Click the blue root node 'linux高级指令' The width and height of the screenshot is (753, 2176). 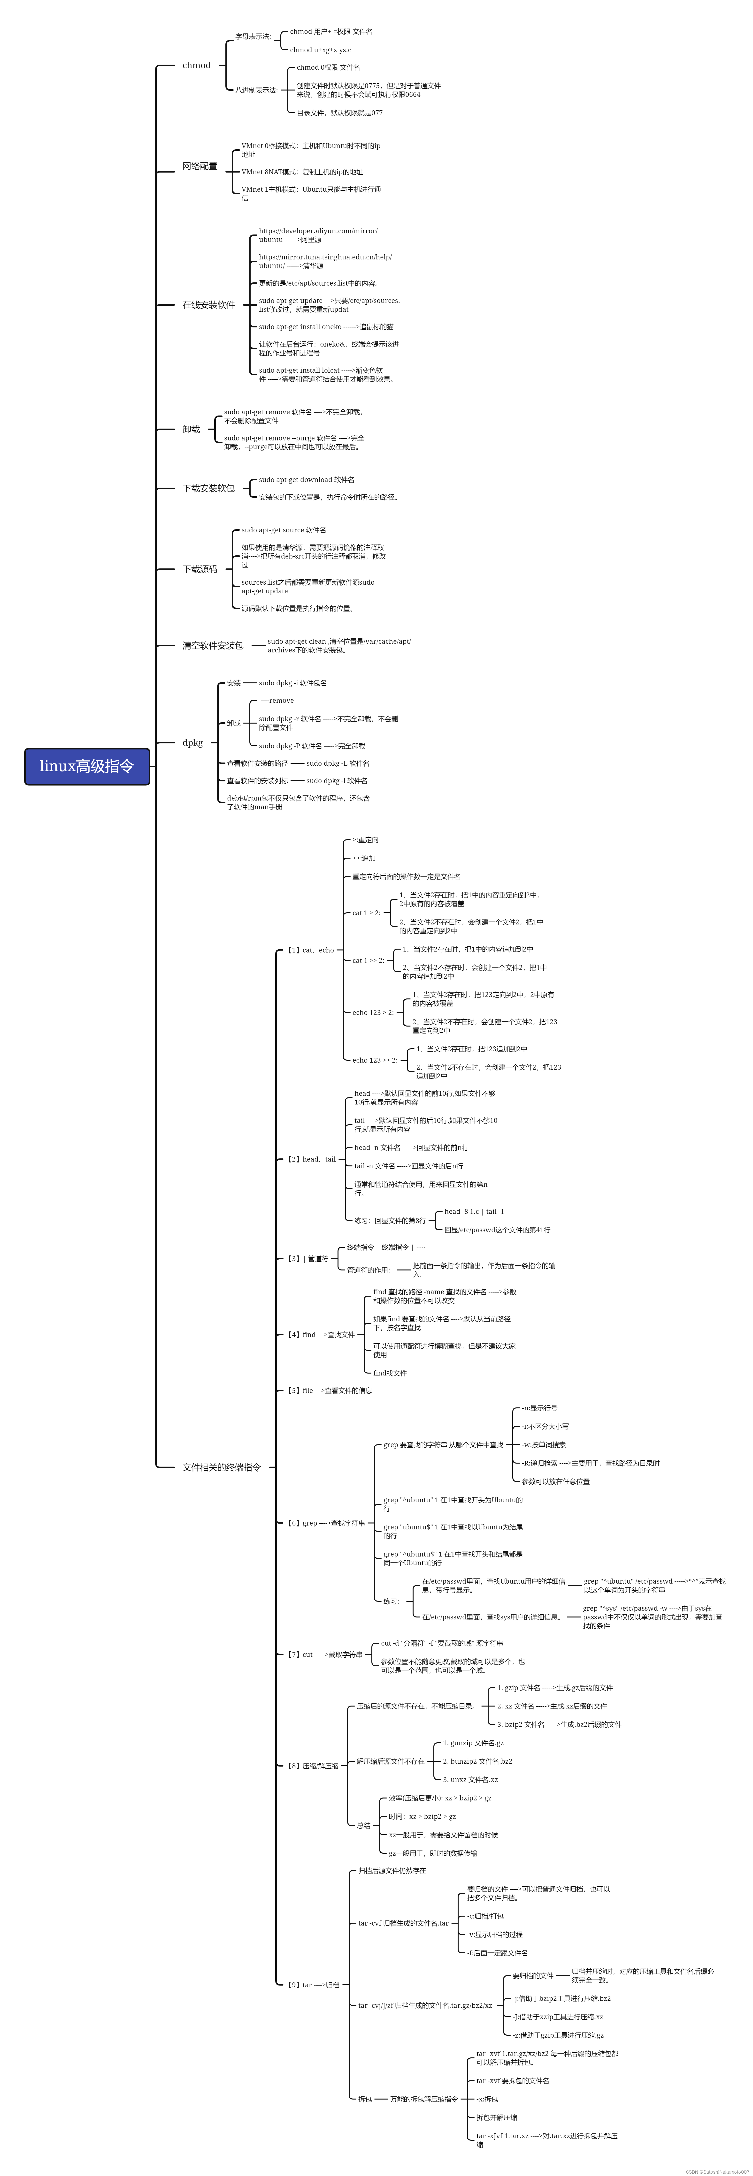87,766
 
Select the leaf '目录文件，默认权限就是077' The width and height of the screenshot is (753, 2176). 339,112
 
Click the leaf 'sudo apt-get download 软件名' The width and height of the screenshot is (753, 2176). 306,480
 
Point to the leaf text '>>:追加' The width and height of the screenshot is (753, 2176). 364,858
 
